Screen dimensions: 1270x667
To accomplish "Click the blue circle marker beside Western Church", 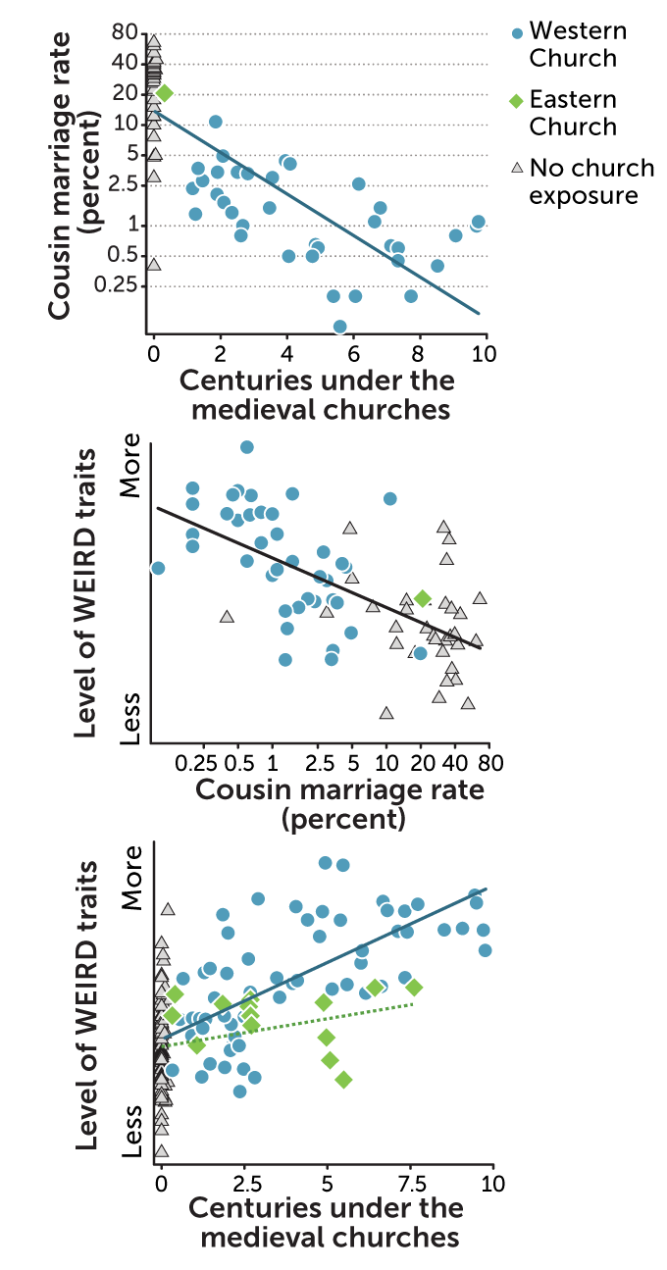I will click(x=516, y=31).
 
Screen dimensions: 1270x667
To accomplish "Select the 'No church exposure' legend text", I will click(x=584, y=181).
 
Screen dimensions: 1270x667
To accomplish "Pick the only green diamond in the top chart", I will click(x=164, y=93).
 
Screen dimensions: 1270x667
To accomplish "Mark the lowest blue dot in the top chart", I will click(x=339, y=327).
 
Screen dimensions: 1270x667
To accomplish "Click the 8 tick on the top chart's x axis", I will click(x=420, y=352).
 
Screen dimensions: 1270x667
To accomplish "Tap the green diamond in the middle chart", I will click(x=423, y=598).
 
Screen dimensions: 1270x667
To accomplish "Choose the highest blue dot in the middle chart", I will click(x=247, y=447).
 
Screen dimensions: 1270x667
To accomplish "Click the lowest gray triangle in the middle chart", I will click(x=386, y=713).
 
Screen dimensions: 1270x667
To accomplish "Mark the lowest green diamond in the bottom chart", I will click(x=343, y=1079).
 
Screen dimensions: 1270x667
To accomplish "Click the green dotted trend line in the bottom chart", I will click(x=294, y=1025).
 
